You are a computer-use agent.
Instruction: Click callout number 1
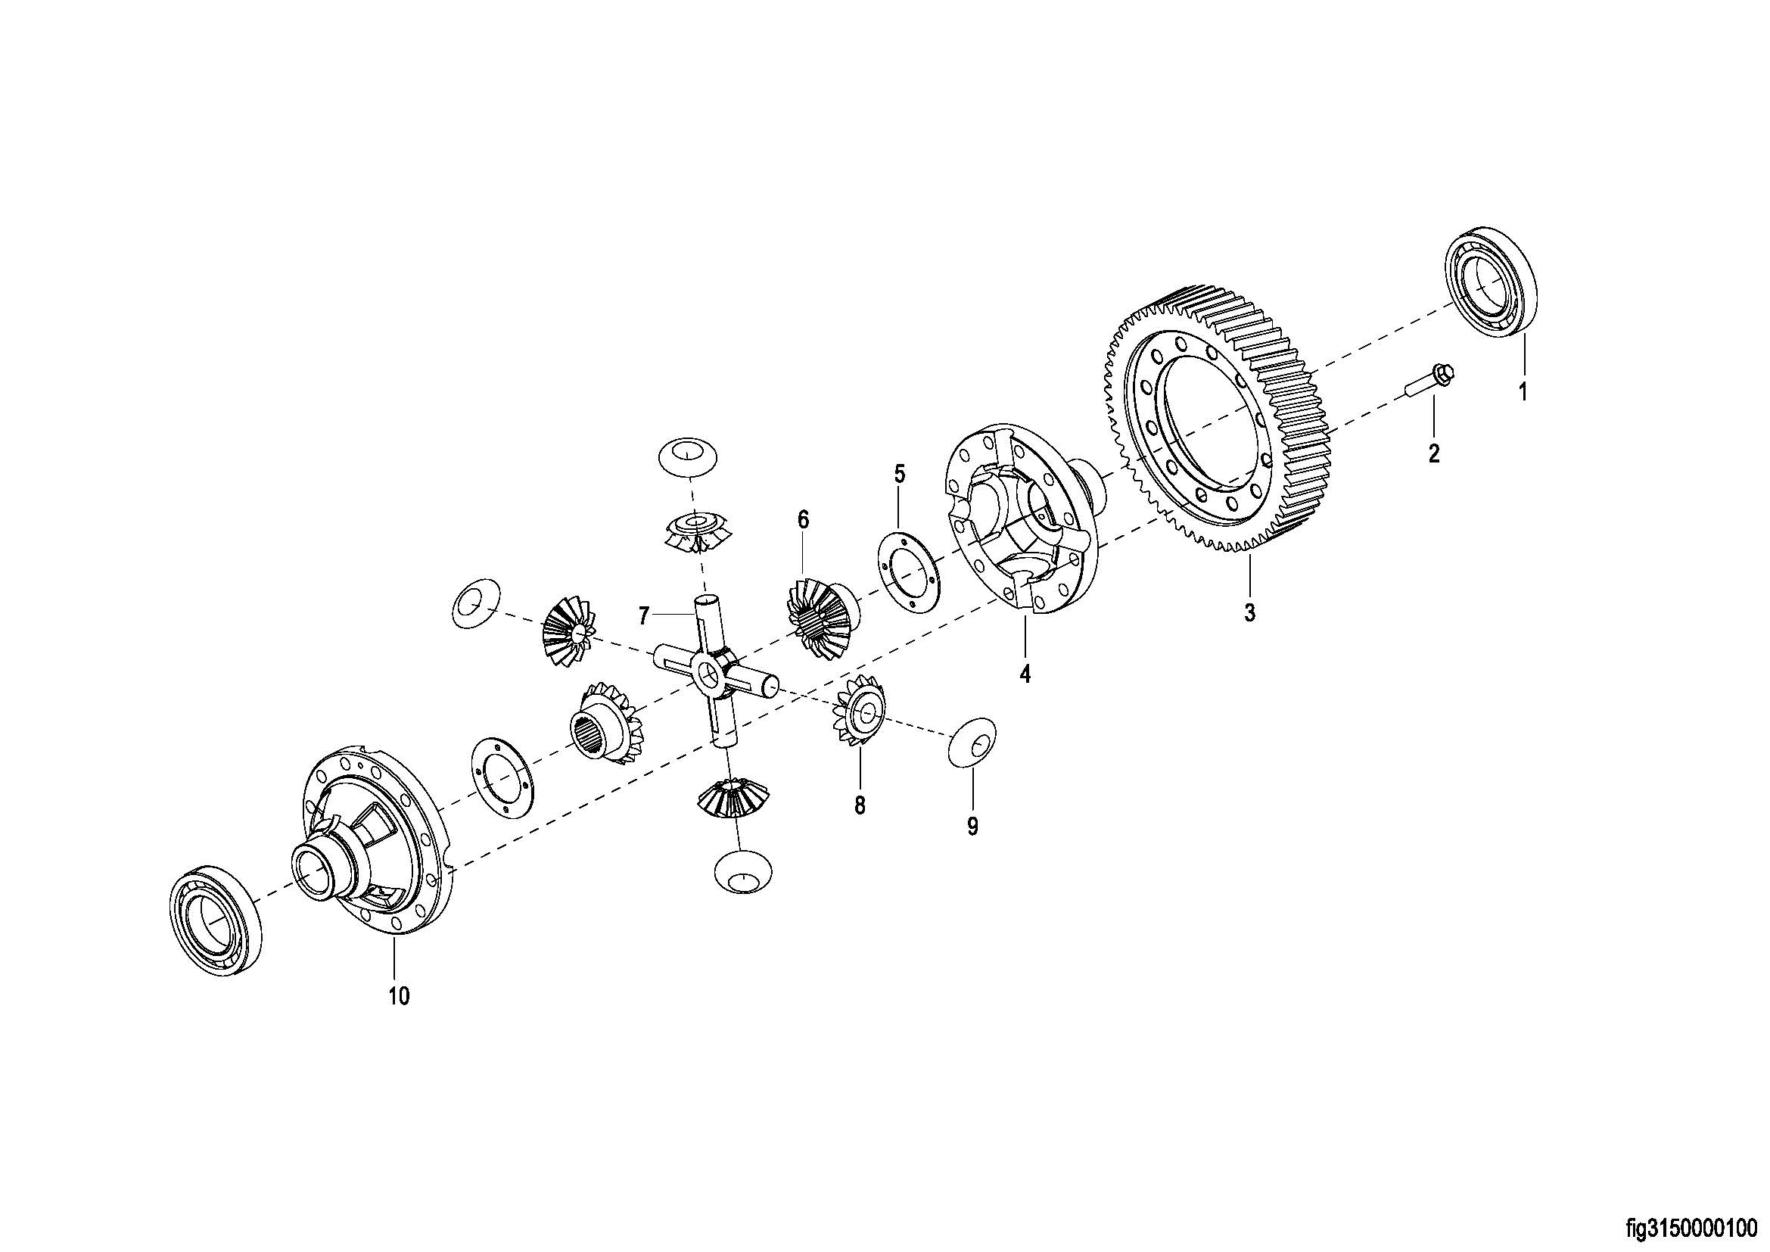pyautogui.click(x=1523, y=391)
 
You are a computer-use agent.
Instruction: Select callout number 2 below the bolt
pyautogui.click(x=1434, y=453)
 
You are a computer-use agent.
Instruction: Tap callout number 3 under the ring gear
pyautogui.click(x=1249, y=613)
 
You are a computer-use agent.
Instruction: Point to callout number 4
pyautogui.click(x=1025, y=674)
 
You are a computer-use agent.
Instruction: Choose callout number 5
pyautogui.click(x=900, y=473)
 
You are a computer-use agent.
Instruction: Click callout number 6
pyautogui.click(x=804, y=519)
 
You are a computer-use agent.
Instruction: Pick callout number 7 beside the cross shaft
pyautogui.click(x=645, y=615)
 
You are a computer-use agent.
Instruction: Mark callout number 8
pyautogui.click(x=860, y=805)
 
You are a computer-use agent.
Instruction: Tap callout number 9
pyautogui.click(x=972, y=827)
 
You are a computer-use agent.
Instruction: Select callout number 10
pyautogui.click(x=399, y=996)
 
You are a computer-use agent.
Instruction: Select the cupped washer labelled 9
pyautogui.click(x=972, y=743)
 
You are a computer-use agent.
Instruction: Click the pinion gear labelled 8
pyautogui.click(x=859, y=712)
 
